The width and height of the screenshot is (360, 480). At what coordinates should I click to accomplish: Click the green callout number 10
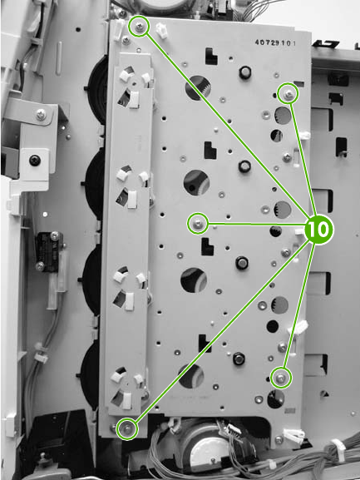(x=318, y=230)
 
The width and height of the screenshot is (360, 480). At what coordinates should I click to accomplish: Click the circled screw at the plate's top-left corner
(x=139, y=27)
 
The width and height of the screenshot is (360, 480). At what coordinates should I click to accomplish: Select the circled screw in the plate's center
(x=198, y=224)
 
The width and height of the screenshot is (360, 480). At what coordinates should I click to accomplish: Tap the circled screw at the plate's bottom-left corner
(x=127, y=428)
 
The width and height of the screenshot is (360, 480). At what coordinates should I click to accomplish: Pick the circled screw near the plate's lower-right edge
(x=281, y=379)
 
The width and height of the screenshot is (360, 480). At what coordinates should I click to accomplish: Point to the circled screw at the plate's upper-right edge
(x=288, y=94)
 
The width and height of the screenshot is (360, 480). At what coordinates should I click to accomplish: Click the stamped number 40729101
(x=275, y=42)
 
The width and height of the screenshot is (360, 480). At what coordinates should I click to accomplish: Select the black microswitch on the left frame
(x=48, y=251)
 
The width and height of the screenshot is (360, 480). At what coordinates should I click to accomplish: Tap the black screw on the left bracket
(x=34, y=160)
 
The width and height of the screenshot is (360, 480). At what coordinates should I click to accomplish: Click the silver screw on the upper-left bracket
(x=41, y=115)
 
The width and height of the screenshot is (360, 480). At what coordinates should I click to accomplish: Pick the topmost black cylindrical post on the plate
(x=245, y=72)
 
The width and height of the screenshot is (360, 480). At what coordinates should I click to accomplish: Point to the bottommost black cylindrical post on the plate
(x=239, y=359)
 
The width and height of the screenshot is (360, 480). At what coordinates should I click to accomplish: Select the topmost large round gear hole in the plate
(x=198, y=87)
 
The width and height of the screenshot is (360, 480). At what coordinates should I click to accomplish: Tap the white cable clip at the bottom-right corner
(x=294, y=434)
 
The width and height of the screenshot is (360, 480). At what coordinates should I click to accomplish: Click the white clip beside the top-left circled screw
(x=162, y=30)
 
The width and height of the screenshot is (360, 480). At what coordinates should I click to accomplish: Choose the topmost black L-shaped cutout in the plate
(x=211, y=56)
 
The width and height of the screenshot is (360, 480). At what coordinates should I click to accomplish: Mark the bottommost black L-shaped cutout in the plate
(x=205, y=344)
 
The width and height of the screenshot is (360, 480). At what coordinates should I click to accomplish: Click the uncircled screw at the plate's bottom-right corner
(x=279, y=440)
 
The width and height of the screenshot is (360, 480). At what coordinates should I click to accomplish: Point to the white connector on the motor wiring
(x=234, y=428)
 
